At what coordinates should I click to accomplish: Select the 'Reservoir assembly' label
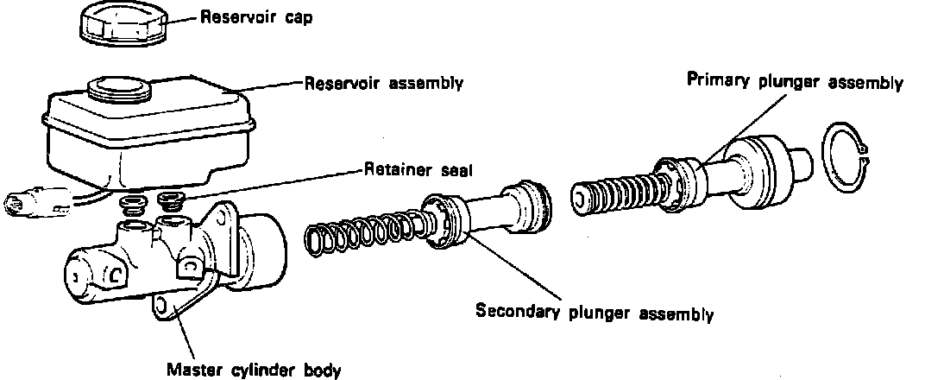coord(384,84)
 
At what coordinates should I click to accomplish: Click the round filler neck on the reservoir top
coord(118,87)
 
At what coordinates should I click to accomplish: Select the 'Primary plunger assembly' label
coord(794,83)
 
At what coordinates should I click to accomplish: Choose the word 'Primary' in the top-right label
coord(713,82)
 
